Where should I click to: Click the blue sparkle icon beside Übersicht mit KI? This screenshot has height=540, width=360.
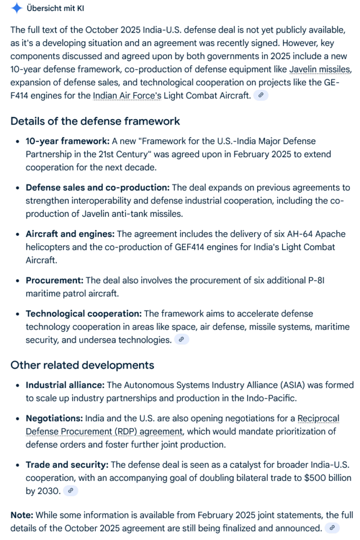pyautogui.click(x=17, y=8)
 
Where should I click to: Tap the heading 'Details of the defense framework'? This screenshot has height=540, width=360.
pyautogui.click(x=95, y=121)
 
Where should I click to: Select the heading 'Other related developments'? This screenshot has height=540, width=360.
pyautogui.click(x=82, y=365)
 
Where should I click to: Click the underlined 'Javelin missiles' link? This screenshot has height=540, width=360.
pyautogui.click(x=320, y=70)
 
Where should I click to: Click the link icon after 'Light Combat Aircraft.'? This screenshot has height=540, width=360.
pyautogui.click(x=261, y=95)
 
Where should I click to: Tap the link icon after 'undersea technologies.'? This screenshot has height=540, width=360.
pyautogui.click(x=181, y=340)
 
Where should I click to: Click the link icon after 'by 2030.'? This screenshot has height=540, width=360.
pyautogui.click(x=71, y=491)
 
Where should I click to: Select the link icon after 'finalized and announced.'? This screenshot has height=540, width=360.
pyautogui.click(x=332, y=528)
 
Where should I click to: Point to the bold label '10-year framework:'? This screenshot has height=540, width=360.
pyautogui.click(x=67, y=141)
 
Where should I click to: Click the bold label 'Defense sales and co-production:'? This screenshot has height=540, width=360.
pyautogui.click(x=98, y=188)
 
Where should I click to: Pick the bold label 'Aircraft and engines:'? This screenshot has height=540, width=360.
pyautogui.click(x=70, y=234)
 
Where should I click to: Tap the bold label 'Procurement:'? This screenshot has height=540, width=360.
pyautogui.click(x=55, y=280)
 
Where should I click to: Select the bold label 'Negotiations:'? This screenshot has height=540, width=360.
pyautogui.click(x=54, y=419)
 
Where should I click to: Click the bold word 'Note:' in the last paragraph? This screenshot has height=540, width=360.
pyautogui.click(x=22, y=515)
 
